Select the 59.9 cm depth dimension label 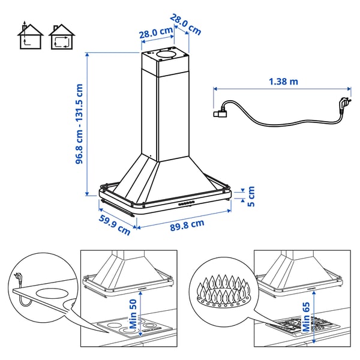pyautogui.click(x=114, y=221)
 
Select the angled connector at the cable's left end pyautogui.click(x=220, y=110)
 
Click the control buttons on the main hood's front pyautogui.click(x=186, y=203)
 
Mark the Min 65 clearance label pyautogui.click(x=306, y=316)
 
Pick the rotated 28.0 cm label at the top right pyautogui.click(x=185, y=24)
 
